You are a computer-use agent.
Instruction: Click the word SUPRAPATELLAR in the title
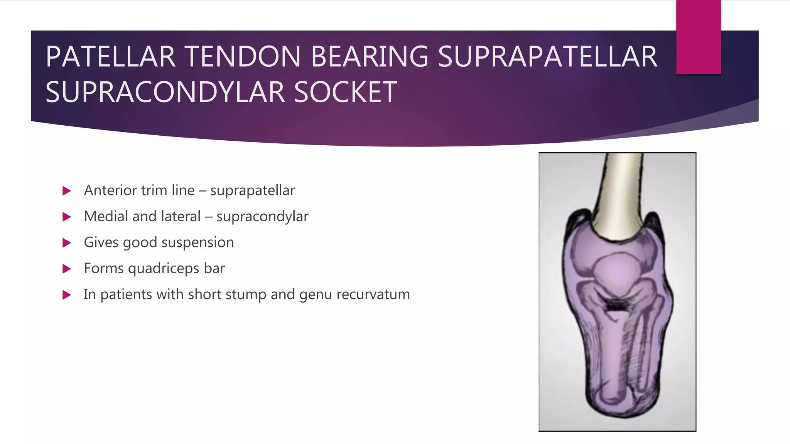[x=547, y=57]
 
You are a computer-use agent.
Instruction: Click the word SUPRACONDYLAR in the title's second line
[x=165, y=92]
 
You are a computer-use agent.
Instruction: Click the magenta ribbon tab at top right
[x=698, y=37]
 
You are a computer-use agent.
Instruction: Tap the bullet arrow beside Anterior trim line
[x=67, y=191]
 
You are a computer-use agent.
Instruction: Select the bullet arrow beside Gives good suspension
[x=67, y=243]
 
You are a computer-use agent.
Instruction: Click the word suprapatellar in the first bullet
[x=252, y=191]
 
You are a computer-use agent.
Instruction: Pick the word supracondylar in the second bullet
[x=262, y=217]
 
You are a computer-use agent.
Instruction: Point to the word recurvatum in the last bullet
[x=373, y=294]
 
